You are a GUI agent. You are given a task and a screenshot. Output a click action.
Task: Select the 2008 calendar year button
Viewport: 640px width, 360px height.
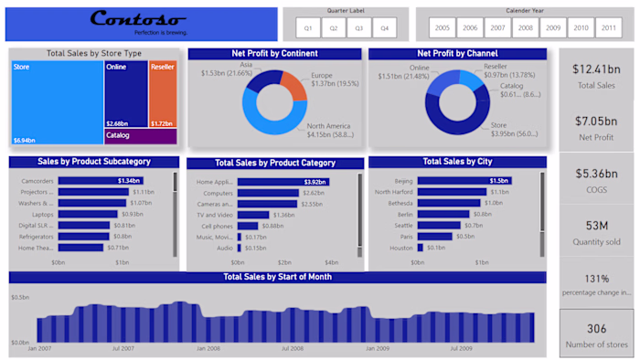point(525,28)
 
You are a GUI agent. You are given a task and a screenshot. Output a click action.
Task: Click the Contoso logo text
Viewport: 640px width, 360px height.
point(138,19)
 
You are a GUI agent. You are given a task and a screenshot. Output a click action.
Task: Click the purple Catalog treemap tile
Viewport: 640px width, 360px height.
point(140,136)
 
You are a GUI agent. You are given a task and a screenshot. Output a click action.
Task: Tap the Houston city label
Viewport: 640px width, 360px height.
point(401,248)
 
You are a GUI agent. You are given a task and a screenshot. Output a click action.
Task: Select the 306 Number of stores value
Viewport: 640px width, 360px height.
point(597,329)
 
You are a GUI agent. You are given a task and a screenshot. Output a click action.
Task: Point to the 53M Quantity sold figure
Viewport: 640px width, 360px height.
point(597,225)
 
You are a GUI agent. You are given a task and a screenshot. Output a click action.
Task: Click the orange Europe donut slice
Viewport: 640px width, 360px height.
point(293,85)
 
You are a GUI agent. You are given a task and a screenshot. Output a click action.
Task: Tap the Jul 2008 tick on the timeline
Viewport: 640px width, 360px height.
point(293,348)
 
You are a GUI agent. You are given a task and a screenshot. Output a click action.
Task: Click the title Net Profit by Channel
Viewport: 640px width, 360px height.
point(456,54)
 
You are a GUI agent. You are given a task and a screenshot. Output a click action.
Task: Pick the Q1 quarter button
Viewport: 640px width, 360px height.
point(309,28)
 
